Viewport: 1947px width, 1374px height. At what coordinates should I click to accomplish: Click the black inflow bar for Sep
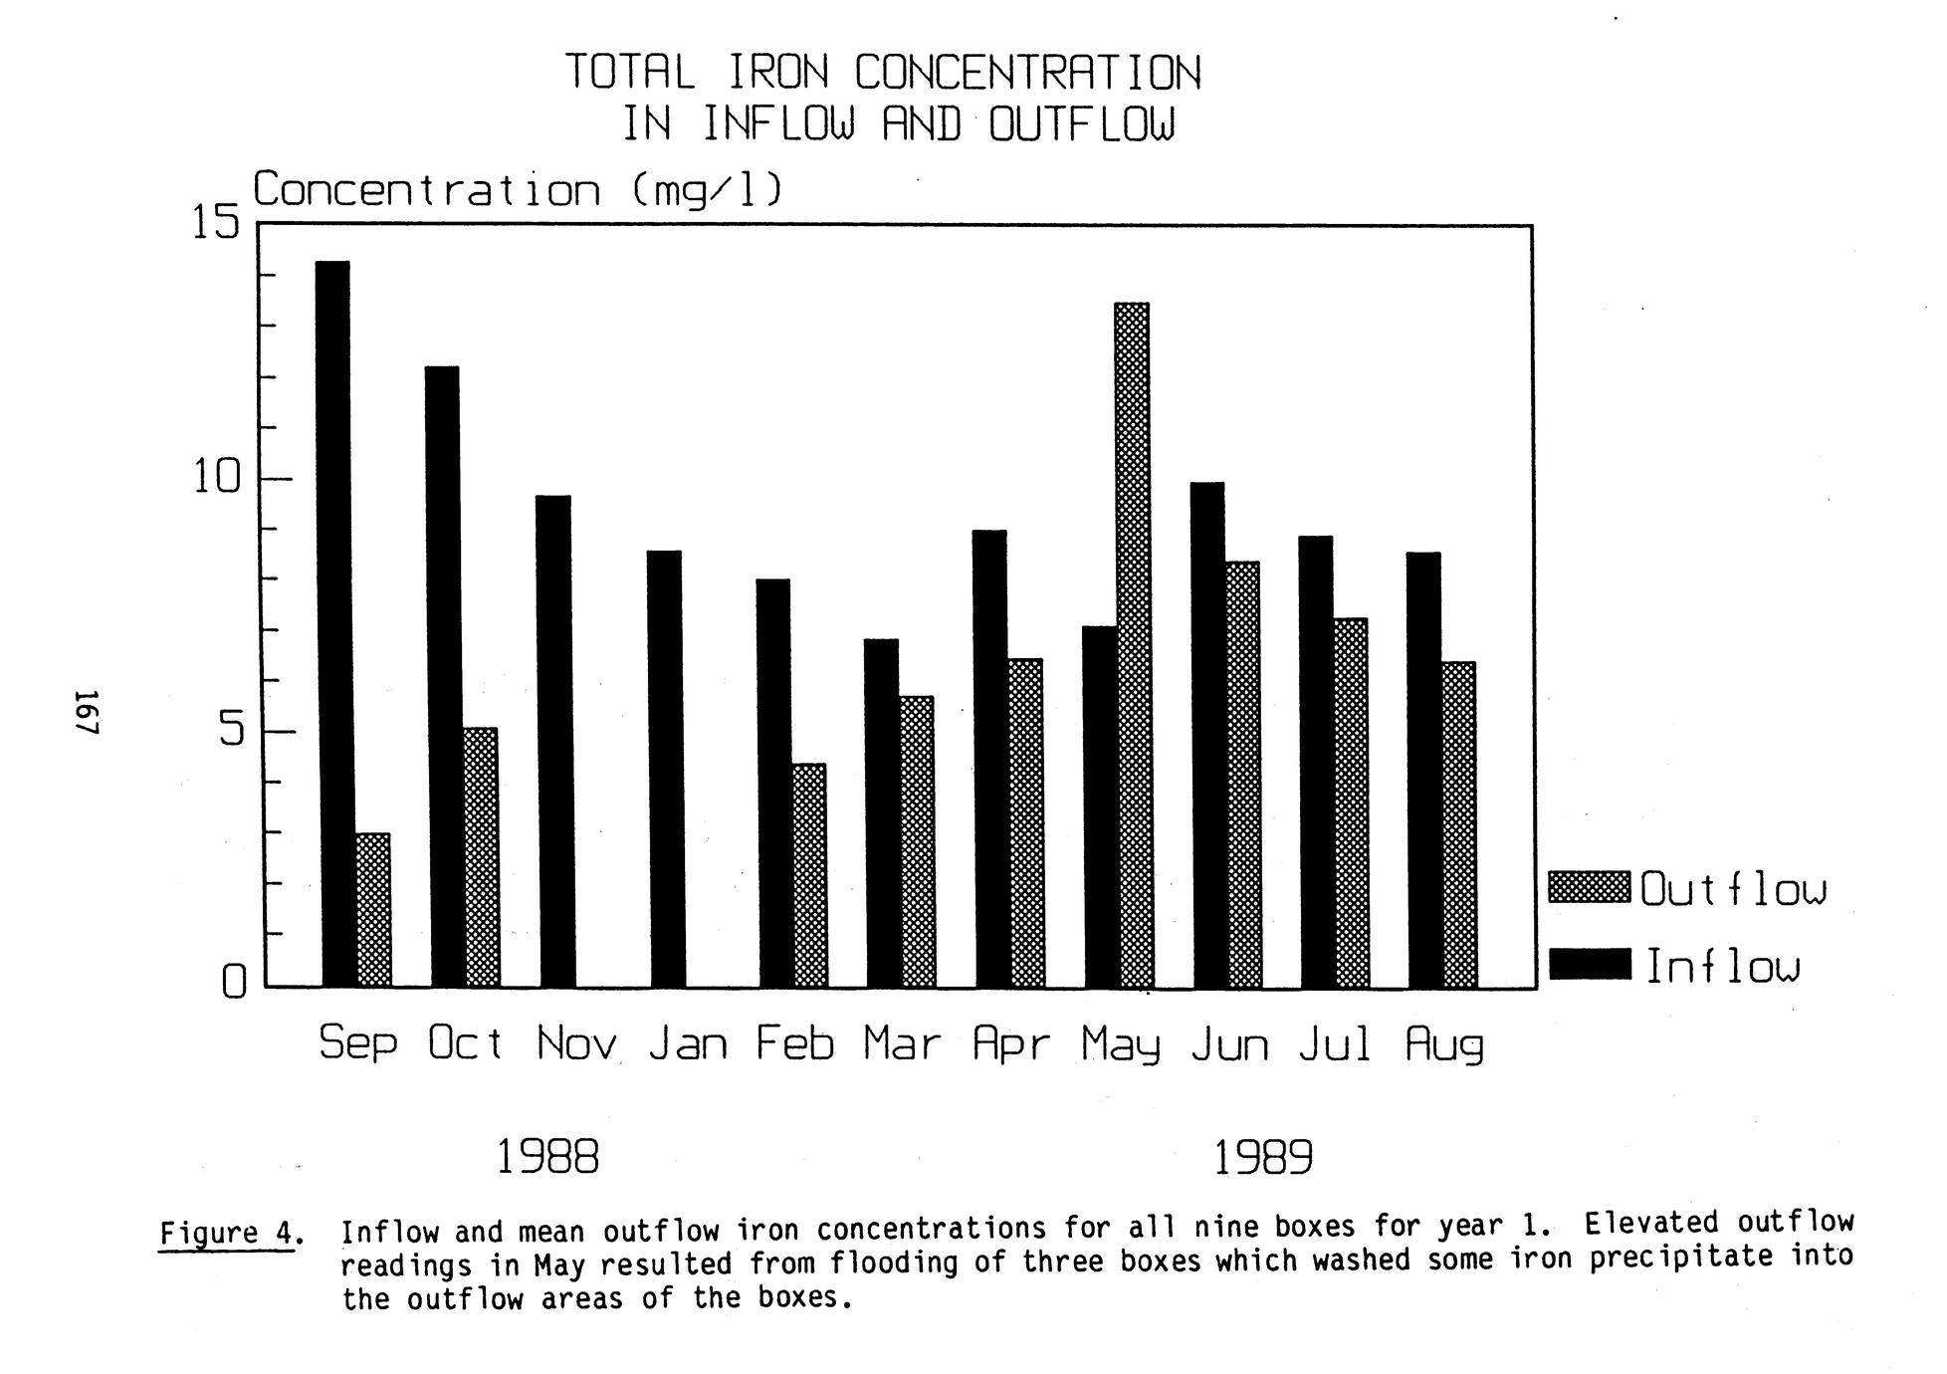click(335, 623)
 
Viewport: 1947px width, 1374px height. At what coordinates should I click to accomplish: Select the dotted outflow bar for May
click(1132, 645)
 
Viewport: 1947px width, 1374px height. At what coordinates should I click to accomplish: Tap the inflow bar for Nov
click(554, 741)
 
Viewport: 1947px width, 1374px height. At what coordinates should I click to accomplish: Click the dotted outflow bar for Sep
click(373, 909)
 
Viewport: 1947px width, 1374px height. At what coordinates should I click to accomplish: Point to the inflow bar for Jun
click(1207, 735)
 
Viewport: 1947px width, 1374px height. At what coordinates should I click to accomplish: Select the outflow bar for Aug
click(1458, 823)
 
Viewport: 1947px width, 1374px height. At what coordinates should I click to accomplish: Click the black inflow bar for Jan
click(664, 769)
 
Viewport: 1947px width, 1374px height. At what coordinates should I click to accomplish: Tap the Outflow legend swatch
click(1589, 887)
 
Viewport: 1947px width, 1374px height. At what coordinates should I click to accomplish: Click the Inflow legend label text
click(1723, 966)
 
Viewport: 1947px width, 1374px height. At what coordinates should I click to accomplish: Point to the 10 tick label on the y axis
click(218, 479)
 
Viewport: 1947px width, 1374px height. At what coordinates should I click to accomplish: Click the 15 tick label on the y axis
click(216, 223)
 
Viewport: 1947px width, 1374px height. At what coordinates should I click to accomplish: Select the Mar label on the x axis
click(902, 1043)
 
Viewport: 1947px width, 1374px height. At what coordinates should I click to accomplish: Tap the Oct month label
click(465, 1043)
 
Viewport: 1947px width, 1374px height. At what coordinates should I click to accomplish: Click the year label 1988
click(547, 1157)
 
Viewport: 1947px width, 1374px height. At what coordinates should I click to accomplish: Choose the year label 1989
click(1263, 1157)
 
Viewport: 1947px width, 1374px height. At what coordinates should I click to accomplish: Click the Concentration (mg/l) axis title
click(518, 189)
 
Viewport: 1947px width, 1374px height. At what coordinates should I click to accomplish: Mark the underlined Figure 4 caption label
click(228, 1234)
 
